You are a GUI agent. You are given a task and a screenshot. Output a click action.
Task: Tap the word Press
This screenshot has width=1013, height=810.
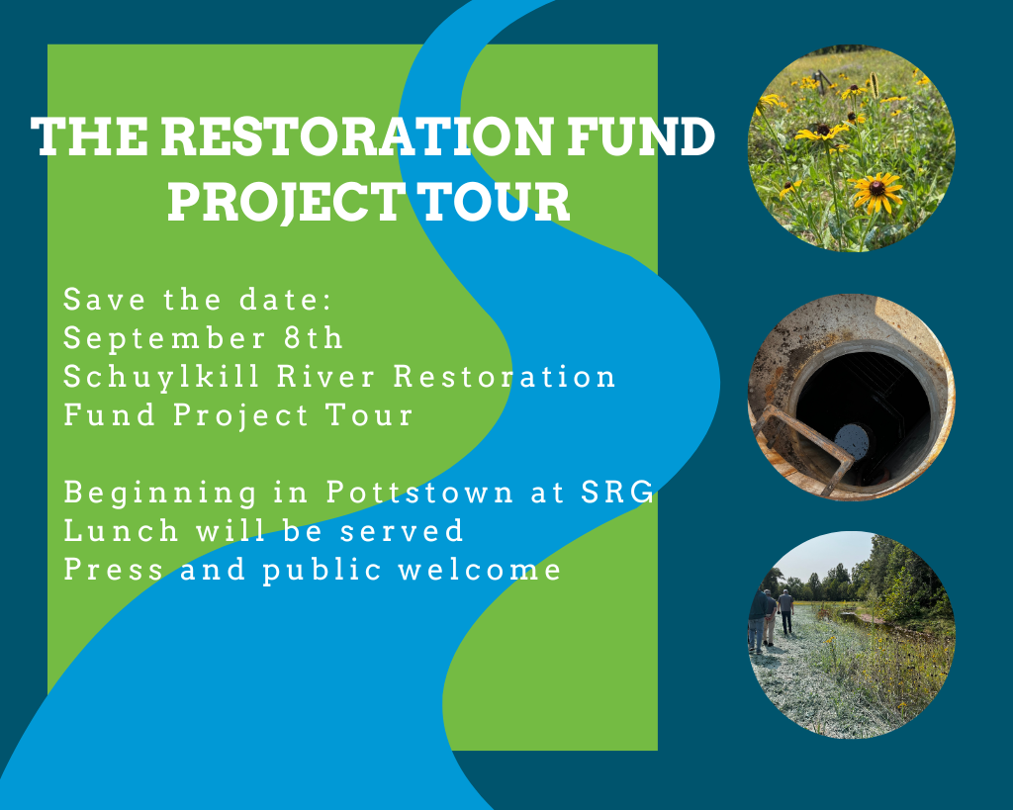(x=112, y=570)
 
